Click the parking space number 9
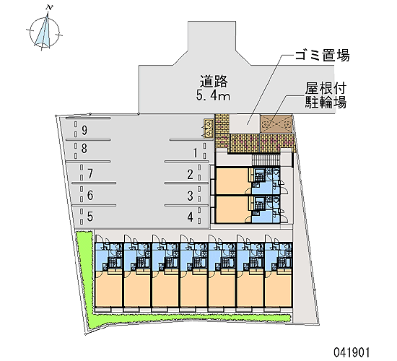coord(84,131)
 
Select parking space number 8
coord(84,149)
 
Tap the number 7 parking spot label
coord(90,174)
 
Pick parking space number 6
coord(90,196)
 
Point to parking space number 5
coord(90,217)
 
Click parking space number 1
coord(195,153)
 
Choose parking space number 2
coord(190,175)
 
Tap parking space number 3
coord(190,196)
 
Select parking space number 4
coord(190,217)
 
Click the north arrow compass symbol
coord(45,32)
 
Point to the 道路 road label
coord(214,82)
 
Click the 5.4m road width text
coord(213,96)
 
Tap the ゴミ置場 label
coord(323,55)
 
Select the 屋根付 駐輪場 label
coord(326,95)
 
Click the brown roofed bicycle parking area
coord(276,124)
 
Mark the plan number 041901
coord(352,352)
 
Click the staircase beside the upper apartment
coord(265,160)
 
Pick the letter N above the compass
coord(50,8)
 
